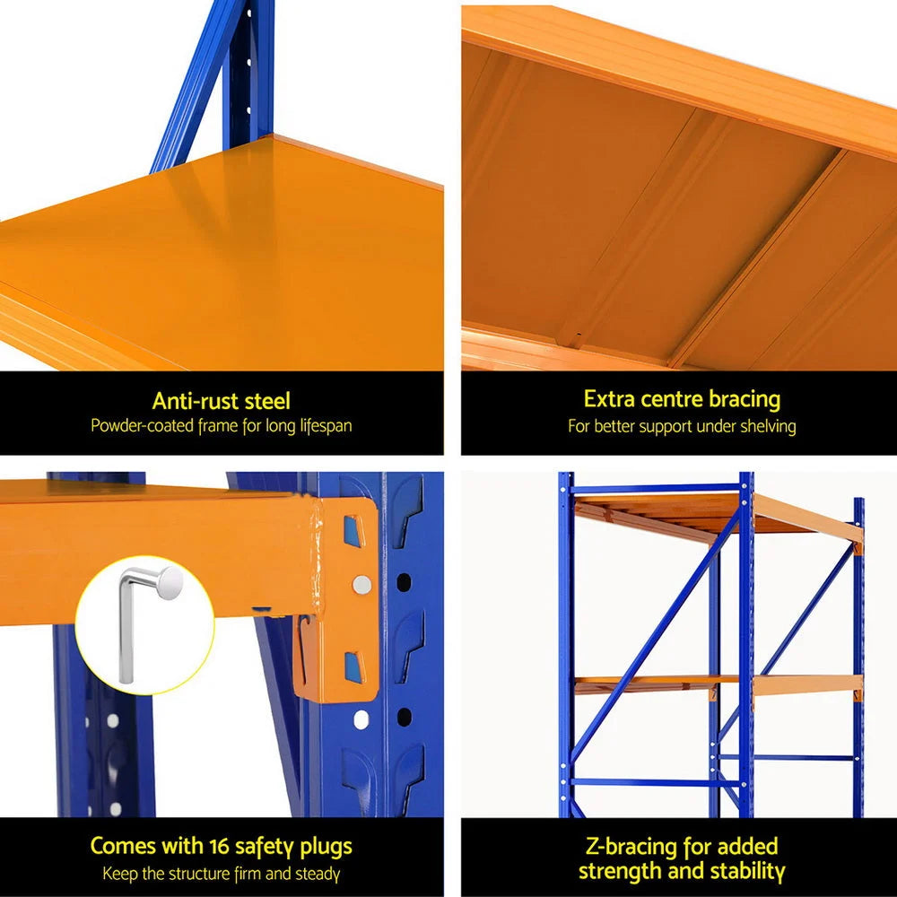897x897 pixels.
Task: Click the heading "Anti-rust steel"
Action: [221, 401]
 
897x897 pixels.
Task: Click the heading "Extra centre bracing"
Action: [682, 398]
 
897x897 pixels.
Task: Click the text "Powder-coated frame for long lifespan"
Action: [221, 426]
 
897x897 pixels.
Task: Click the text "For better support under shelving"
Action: [682, 427]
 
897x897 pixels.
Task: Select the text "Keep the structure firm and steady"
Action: [221, 873]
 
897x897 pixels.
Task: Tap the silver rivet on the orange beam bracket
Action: [361, 585]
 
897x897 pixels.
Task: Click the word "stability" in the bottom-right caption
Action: [744, 871]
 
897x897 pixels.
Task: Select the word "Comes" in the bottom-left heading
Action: [125, 846]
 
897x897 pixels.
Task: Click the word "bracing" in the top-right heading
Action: [742, 398]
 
